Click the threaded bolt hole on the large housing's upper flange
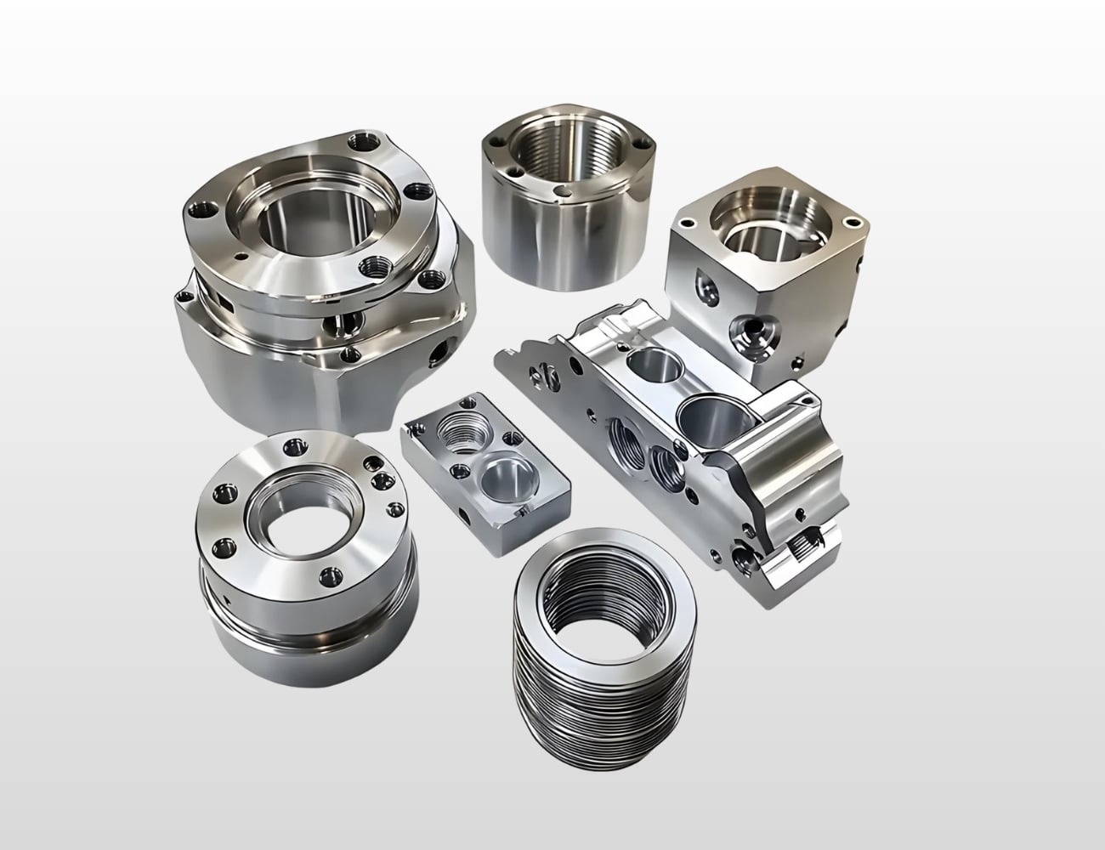[x=374, y=268]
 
